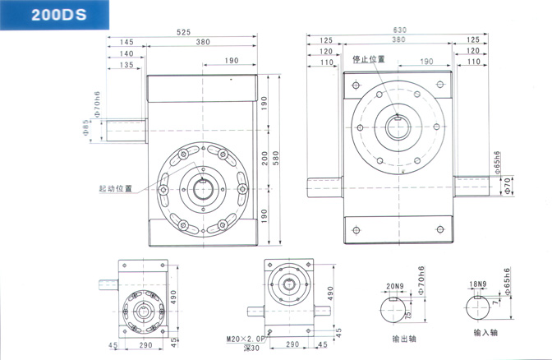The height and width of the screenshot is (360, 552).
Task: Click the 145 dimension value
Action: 126,42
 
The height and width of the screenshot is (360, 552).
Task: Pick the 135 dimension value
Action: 126,64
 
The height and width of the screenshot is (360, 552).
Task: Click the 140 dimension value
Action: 126,53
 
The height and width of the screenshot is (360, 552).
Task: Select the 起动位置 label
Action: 114,187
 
